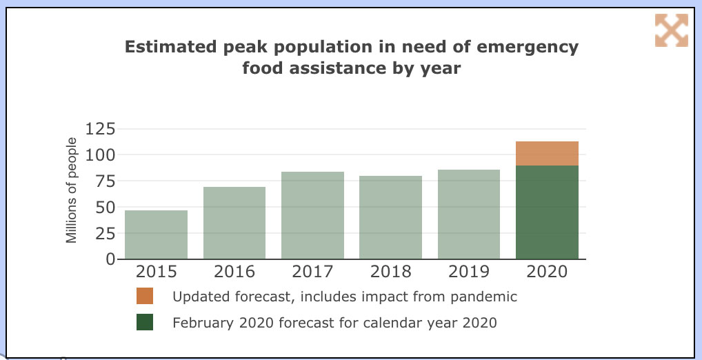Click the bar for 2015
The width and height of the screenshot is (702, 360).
tap(156, 234)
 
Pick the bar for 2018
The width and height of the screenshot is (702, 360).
tap(390, 217)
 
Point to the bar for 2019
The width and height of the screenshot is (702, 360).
tap(469, 214)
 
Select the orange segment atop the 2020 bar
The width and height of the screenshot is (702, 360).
tap(547, 153)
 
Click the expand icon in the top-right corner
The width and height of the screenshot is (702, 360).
tap(671, 30)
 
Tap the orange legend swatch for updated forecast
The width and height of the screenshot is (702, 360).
tap(145, 297)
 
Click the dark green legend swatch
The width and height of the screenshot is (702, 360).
tap(145, 322)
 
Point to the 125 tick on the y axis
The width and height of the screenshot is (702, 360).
tap(101, 128)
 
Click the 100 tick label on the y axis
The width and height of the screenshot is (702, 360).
tap(101, 154)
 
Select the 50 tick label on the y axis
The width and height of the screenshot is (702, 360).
tap(106, 207)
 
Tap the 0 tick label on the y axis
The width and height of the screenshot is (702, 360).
tap(110, 259)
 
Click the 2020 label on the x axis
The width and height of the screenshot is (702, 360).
tap(547, 272)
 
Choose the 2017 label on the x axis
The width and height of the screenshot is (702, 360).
tap(312, 272)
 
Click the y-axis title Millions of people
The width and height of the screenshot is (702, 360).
tap(72, 190)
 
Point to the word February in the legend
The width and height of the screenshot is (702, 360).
tap(202, 322)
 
